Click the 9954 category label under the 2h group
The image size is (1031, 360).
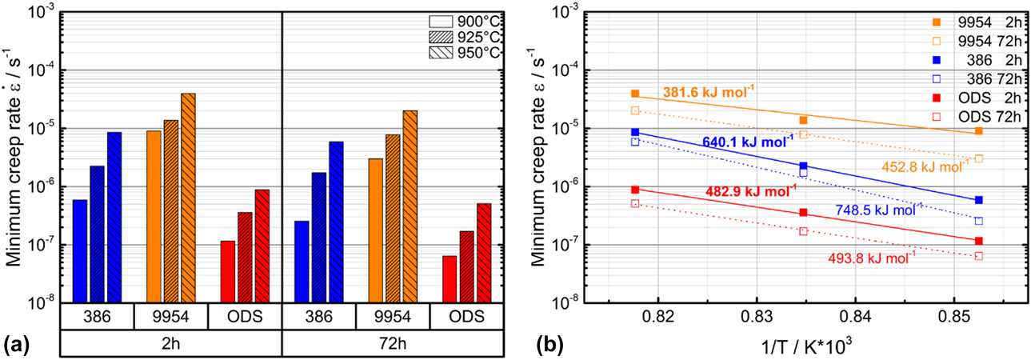170,316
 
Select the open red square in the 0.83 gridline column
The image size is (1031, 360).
803,231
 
